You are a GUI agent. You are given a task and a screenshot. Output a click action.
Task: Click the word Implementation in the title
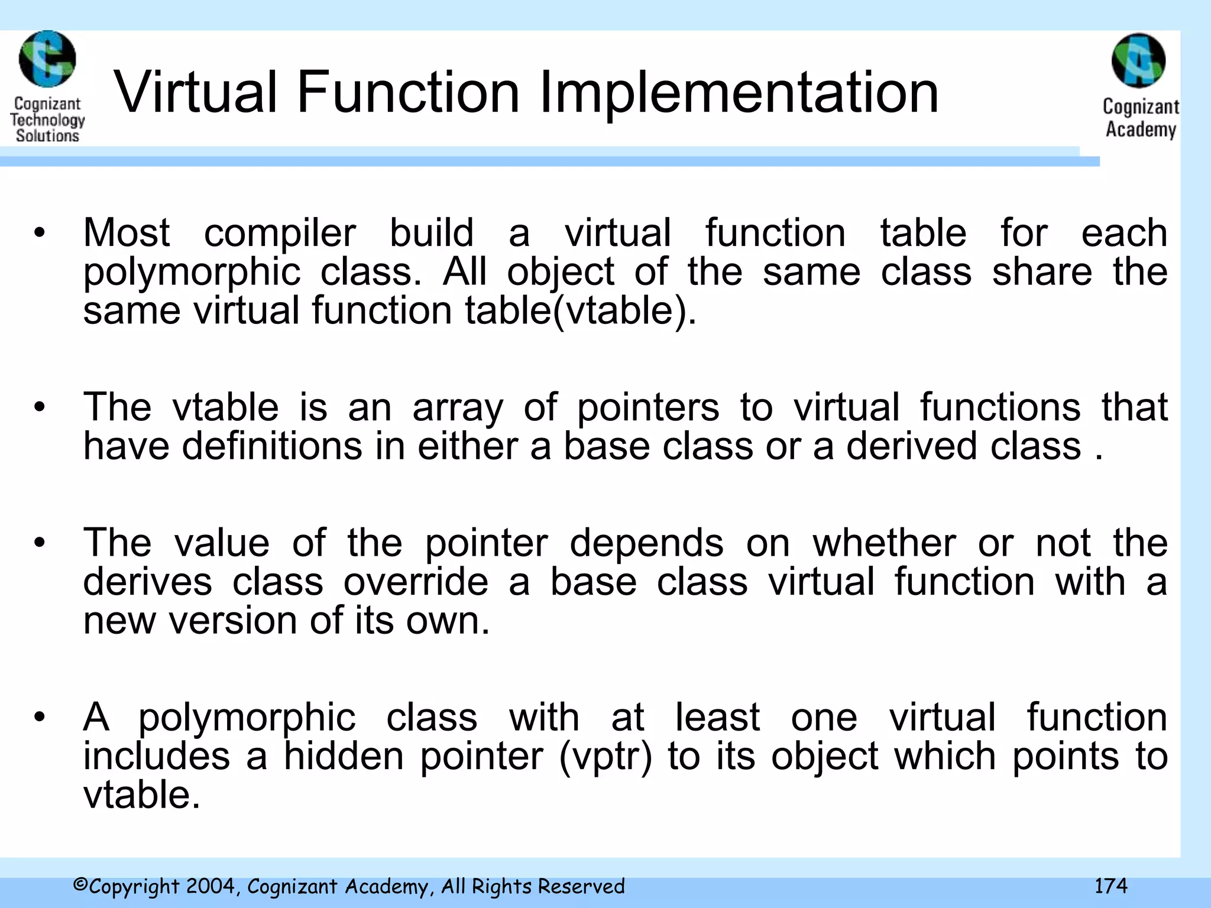739,93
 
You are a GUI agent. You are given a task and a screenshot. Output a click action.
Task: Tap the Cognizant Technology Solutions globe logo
47,60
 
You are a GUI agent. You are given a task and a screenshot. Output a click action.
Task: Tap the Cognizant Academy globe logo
1138,61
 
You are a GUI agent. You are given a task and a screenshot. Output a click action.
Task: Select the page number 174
1110,886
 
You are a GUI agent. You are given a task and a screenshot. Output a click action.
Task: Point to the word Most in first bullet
127,232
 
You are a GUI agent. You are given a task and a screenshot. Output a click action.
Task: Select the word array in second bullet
458,407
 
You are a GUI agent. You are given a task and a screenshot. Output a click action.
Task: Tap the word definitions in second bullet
272,446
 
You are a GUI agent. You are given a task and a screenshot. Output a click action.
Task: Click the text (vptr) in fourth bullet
605,756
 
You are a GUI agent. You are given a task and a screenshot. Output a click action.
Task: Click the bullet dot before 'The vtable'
40,407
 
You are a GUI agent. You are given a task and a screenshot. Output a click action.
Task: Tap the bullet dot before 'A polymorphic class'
40,718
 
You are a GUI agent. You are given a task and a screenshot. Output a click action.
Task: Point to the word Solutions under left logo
47,135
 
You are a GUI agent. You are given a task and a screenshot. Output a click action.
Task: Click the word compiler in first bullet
280,234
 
